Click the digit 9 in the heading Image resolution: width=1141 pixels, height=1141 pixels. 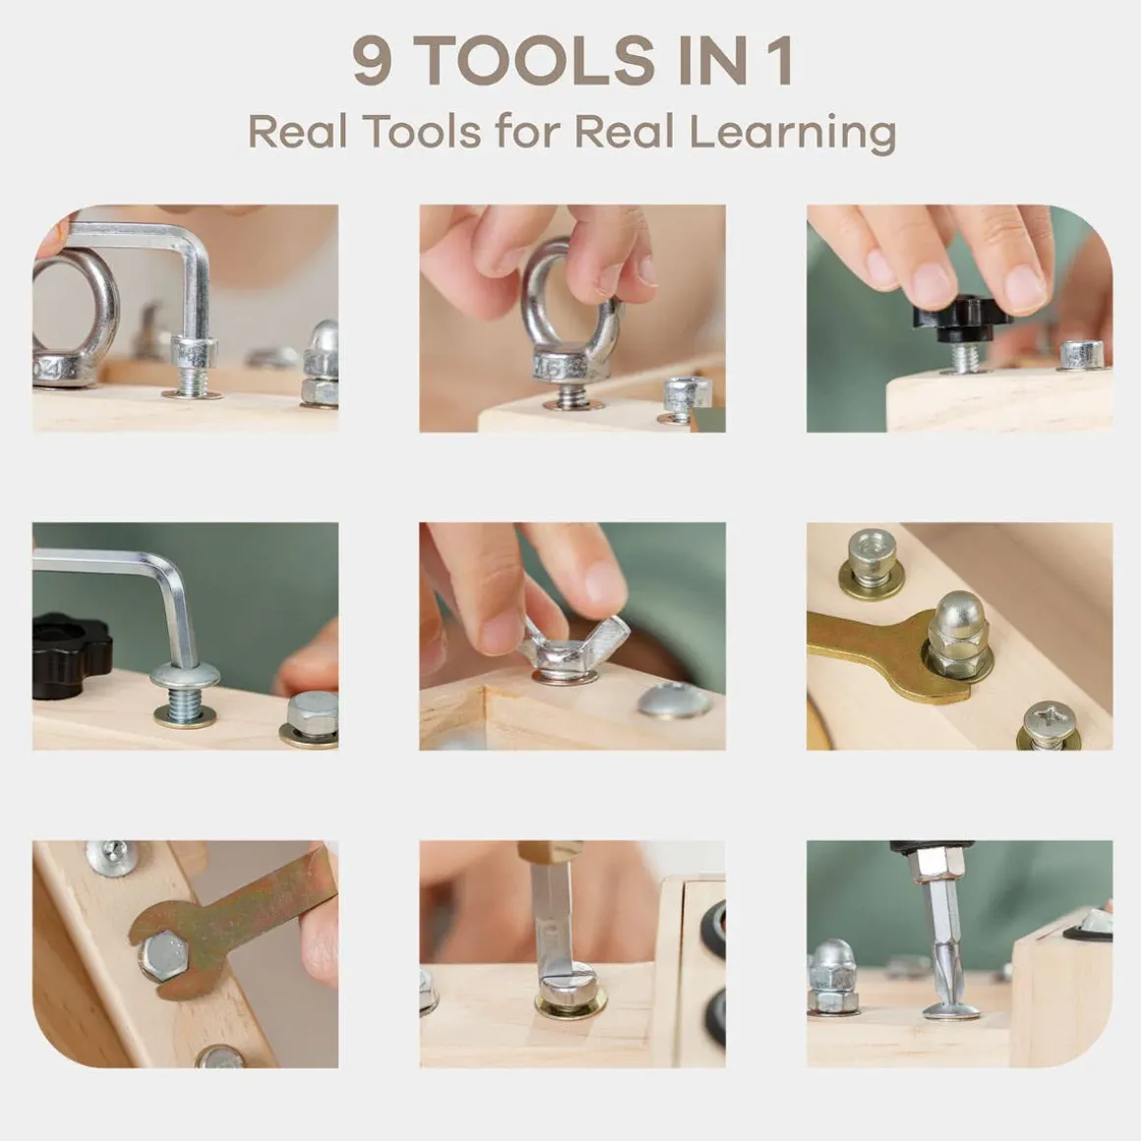373,60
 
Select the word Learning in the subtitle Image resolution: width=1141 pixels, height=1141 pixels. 793,134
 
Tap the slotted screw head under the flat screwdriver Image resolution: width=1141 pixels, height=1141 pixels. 571,984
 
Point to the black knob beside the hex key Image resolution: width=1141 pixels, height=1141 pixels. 70,655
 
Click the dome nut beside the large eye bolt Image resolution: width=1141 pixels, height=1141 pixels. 321,364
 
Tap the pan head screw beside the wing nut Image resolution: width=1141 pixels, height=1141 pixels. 674,701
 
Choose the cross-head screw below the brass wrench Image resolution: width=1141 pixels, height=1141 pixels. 1048,726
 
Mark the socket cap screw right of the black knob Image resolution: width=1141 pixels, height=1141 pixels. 1082,355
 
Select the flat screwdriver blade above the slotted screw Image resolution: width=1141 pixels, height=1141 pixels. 552,916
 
